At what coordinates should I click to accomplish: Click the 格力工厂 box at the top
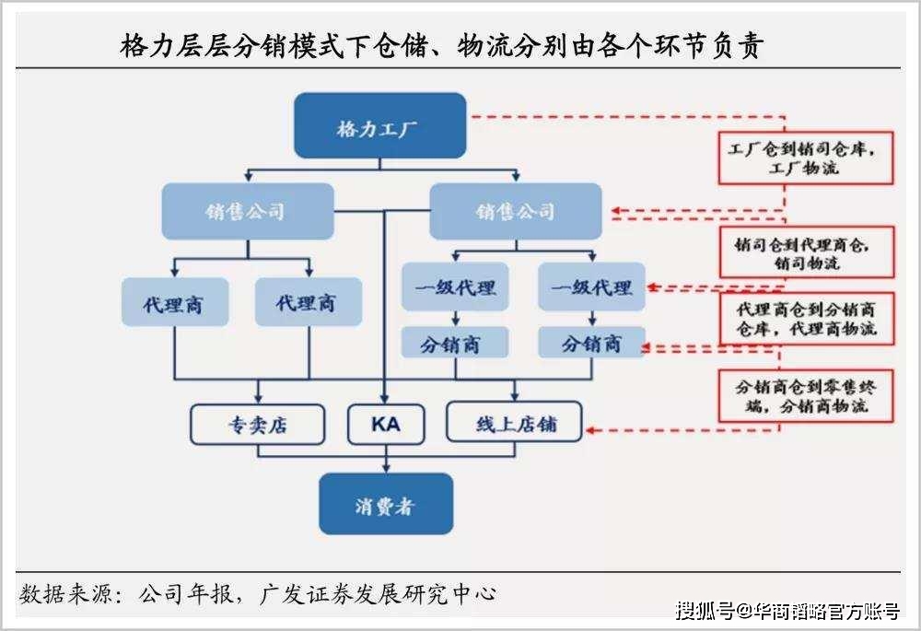(379, 125)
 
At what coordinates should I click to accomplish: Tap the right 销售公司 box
(515, 211)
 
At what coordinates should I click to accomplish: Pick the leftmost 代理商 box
(174, 302)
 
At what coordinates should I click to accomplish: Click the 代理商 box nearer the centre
(308, 302)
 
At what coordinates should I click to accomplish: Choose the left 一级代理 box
(455, 287)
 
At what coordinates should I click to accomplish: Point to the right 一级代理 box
(591, 287)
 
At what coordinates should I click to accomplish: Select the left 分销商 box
(455, 344)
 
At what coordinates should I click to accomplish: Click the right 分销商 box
(591, 344)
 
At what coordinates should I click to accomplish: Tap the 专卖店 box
(257, 425)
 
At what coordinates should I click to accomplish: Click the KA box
(385, 425)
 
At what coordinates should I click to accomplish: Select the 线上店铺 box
(514, 425)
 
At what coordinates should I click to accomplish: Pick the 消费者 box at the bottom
(386, 504)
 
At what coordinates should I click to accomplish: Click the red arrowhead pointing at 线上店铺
(590, 430)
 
